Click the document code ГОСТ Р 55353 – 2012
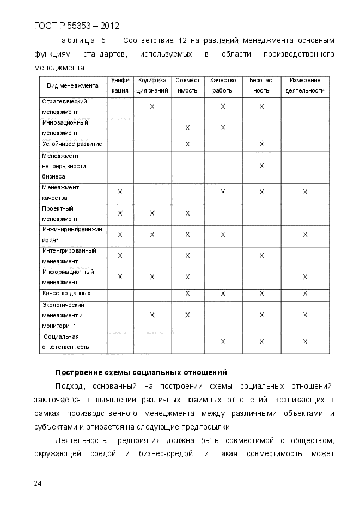coord(76,26)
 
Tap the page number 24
coord(38,483)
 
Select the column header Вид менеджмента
coord(72,85)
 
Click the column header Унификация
coord(120,85)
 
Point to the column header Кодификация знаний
coord(152,85)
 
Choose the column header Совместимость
coord(187,85)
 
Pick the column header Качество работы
coord(223,85)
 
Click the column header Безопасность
coord(261,85)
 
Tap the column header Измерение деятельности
coord(305,85)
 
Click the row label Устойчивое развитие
coord(72,144)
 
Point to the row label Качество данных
coord(66,293)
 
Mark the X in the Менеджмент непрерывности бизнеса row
coord(261,165)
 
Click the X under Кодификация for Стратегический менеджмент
coord(152,107)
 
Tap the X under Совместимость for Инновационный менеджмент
coord(187,128)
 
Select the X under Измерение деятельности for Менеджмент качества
coord(305,192)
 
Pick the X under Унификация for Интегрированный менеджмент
coord(120,256)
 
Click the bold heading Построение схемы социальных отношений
coord(141,372)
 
